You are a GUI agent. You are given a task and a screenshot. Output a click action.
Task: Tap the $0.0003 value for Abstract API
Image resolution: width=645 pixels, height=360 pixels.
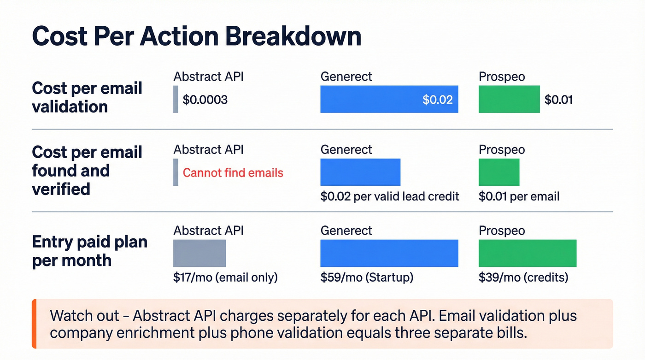[205, 100]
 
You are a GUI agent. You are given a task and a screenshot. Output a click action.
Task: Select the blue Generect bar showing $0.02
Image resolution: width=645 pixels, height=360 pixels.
[389, 99]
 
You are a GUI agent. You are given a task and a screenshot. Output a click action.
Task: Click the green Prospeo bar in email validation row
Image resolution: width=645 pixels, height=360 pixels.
[509, 99]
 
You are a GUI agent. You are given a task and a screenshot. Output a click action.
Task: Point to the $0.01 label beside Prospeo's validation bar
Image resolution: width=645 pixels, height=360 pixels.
[558, 100]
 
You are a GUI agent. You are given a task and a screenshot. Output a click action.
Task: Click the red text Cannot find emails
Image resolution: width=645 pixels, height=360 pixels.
[233, 173]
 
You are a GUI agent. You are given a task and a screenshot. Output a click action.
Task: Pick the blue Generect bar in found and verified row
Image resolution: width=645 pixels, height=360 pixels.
[360, 172]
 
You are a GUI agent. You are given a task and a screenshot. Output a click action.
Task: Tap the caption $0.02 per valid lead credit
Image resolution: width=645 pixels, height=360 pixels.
[390, 196]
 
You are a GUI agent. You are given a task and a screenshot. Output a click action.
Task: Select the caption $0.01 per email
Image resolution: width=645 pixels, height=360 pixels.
[519, 196]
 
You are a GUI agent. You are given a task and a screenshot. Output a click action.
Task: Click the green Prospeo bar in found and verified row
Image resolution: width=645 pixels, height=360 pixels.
[499, 172]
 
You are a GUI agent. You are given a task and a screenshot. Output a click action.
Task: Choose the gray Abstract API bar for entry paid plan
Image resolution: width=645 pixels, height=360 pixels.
[199, 253]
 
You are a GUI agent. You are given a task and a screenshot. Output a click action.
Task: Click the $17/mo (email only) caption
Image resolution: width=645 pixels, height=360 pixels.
[225, 277]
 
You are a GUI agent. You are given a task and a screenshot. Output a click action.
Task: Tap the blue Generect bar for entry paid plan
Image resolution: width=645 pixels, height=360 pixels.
[389, 253]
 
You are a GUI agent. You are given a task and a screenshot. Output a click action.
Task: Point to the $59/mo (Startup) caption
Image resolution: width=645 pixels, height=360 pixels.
[367, 277]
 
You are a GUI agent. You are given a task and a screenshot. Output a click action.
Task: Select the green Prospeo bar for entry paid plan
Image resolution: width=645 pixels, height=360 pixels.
[528, 253]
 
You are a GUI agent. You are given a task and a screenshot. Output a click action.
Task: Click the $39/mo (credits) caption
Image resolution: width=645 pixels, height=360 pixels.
[523, 277]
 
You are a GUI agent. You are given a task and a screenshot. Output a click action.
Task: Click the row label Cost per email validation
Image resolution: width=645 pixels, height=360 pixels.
[87, 97]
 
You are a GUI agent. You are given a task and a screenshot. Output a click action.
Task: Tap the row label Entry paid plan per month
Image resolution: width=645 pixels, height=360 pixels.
[89, 251]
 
